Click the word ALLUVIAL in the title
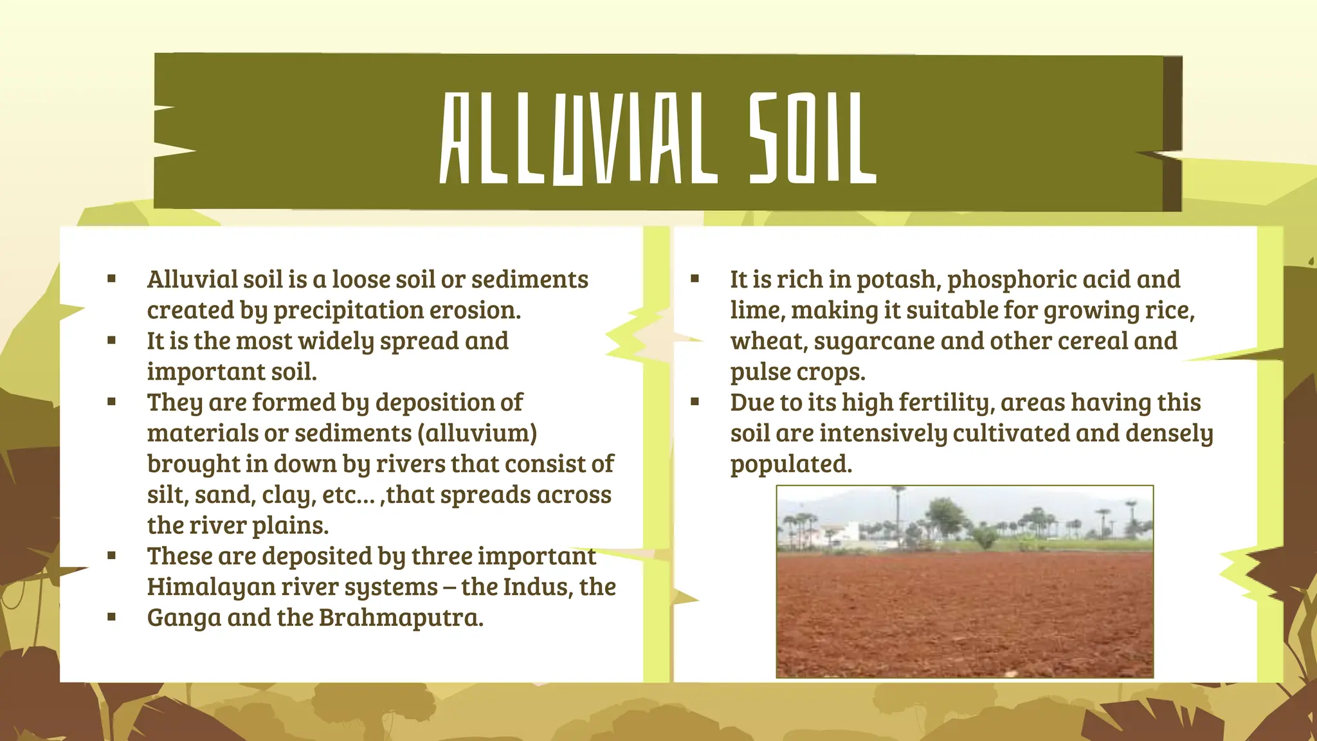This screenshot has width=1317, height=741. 578,138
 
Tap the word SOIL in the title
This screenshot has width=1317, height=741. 812,138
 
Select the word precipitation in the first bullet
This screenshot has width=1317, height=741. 349,311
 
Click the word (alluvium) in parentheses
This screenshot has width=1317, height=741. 478,433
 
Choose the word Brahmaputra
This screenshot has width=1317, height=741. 401,617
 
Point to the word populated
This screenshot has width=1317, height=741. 791,464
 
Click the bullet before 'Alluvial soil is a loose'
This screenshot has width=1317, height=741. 112,279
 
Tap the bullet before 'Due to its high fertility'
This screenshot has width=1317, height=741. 695,403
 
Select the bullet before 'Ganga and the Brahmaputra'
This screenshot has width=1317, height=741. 112,617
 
